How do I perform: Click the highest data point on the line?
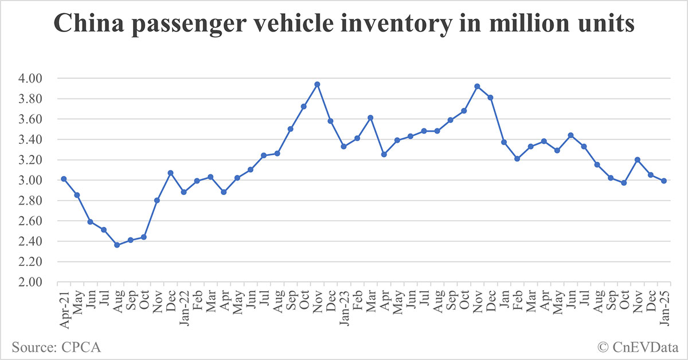click(317, 84)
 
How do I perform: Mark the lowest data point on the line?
click(117, 245)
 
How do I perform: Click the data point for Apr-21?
click(64, 179)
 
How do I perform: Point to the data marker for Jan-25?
click(664, 181)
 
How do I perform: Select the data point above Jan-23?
click(343, 146)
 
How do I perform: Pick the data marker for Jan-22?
click(183, 192)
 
